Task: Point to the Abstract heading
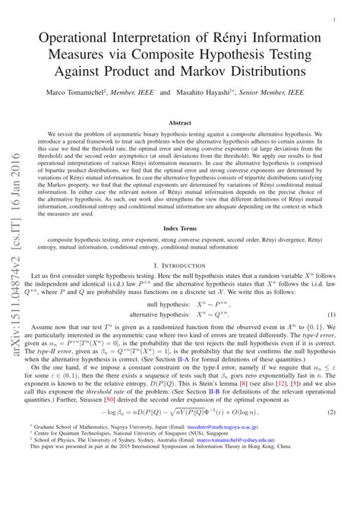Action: coord(179,122)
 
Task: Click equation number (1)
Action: coord(332,314)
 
